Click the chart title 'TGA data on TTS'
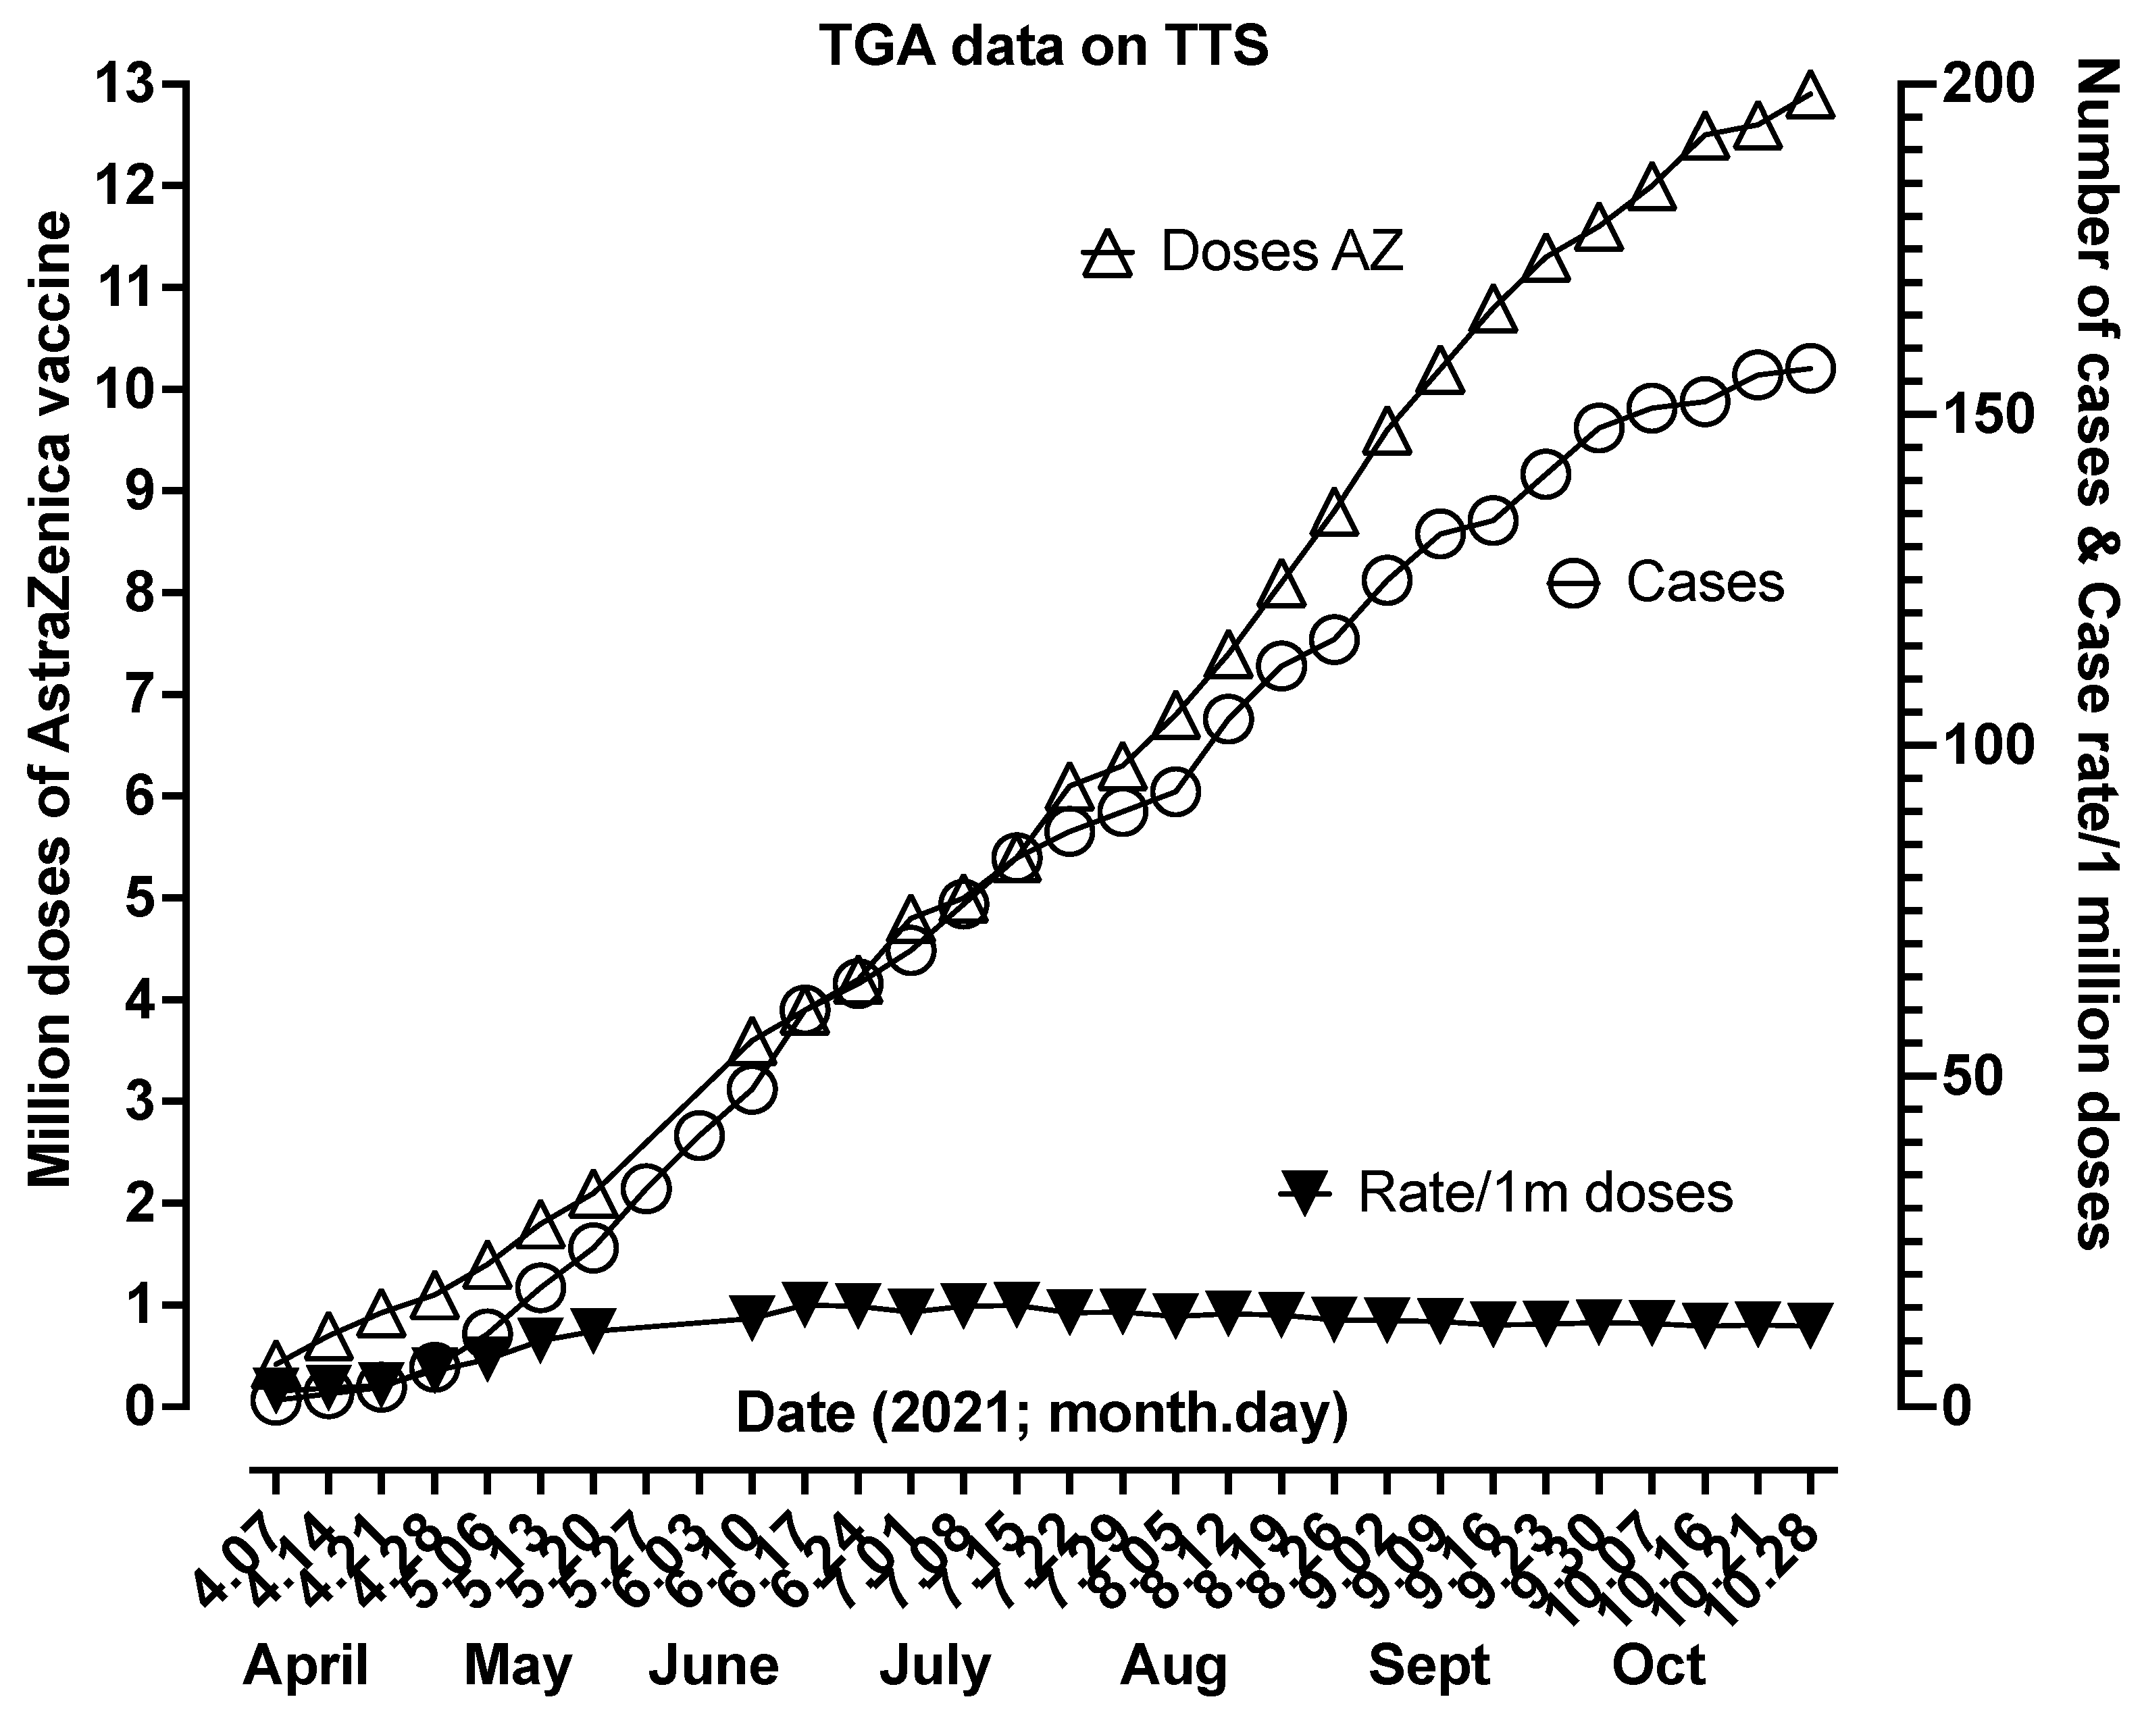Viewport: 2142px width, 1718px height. tap(1043, 47)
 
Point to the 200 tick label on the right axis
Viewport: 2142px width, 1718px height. tap(1982, 85)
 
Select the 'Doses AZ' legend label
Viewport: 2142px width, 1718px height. tap(1281, 253)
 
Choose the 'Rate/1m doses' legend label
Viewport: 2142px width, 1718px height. tap(1545, 1192)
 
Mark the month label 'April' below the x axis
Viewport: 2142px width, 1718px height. tap(306, 1665)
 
